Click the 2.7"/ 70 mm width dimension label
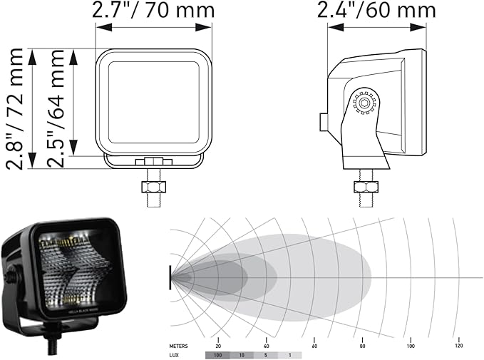153,10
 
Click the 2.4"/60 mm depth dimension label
376,10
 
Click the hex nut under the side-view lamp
366,188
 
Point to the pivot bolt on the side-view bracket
365,104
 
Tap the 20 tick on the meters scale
218,345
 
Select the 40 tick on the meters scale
266,345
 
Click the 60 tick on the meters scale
314,345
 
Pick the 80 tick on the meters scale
362,345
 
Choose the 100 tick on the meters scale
411,345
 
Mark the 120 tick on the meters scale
458,345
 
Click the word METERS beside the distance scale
178,345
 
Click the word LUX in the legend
174,354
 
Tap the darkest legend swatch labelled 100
217,354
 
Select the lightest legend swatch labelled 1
289,354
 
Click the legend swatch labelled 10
242,354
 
